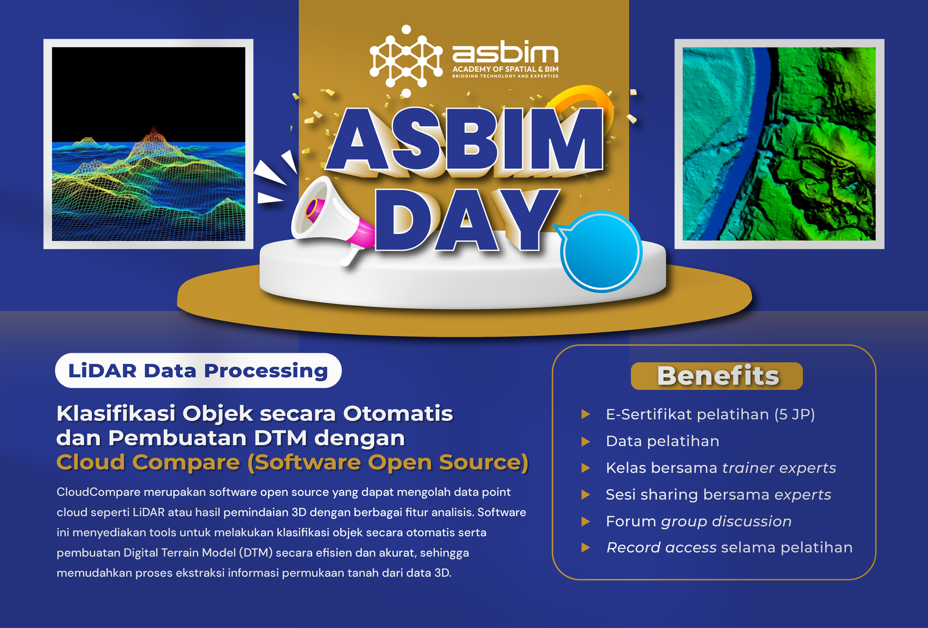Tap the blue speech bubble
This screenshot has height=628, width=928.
pyautogui.click(x=601, y=251)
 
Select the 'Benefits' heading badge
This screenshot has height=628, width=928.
pyautogui.click(x=717, y=376)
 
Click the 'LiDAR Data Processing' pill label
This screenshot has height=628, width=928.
pyautogui.click(x=198, y=370)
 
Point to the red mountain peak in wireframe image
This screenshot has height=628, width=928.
pyautogui.click(x=154, y=135)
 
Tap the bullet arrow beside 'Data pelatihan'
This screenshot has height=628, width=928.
pyautogui.click(x=585, y=442)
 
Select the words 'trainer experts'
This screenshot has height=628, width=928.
pyautogui.click(x=779, y=468)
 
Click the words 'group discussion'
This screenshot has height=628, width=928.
pyautogui.click(x=726, y=521)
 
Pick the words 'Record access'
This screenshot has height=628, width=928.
pyautogui.click(x=661, y=547)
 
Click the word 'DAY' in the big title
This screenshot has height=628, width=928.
pyautogui.click(x=466, y=220)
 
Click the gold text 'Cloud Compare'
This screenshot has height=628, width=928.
pyautogui.click(x=148, y=462)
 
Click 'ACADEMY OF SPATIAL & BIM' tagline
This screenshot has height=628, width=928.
pyautogui.click(x=505, y=69)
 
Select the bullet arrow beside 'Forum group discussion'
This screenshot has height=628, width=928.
pyautogui.click(x=585, y=521)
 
